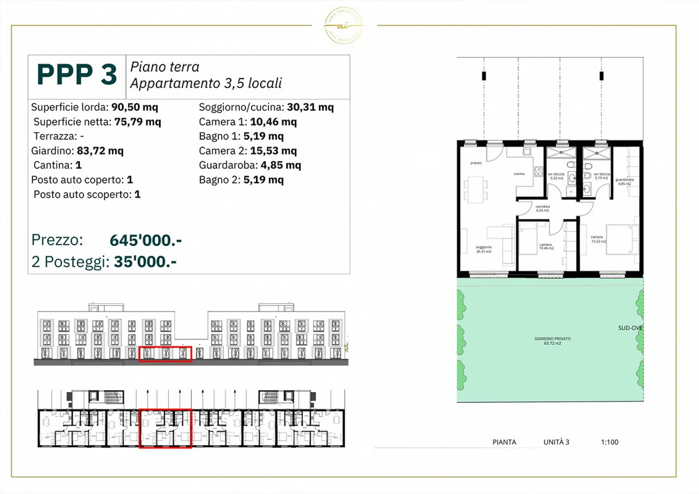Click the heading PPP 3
point(77,75)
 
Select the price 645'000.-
point(146,240)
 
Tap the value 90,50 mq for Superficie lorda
point(134,107)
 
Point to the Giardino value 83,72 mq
point(100,151)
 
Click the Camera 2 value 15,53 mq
point(273,151)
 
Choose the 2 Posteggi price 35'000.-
point(145,262)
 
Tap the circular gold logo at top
point(343,26)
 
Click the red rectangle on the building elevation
point(166,354)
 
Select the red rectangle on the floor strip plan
point(166,428)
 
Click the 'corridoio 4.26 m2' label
point(542,209)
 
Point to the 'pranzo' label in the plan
point(476,163)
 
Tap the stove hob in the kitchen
point(538,171)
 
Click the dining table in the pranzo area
point(476,189)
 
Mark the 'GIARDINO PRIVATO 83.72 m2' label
point(552,341)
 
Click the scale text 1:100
point(610,442)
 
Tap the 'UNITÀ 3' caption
point(556,442)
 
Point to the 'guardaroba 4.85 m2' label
point(624,181)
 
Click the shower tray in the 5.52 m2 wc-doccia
point(561,153)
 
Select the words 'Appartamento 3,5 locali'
point(206,83)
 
